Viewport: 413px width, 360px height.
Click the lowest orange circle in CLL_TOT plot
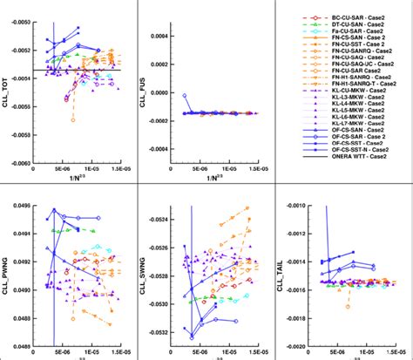click(72, 119)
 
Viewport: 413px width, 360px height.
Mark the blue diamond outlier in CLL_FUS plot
click(185, 96)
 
